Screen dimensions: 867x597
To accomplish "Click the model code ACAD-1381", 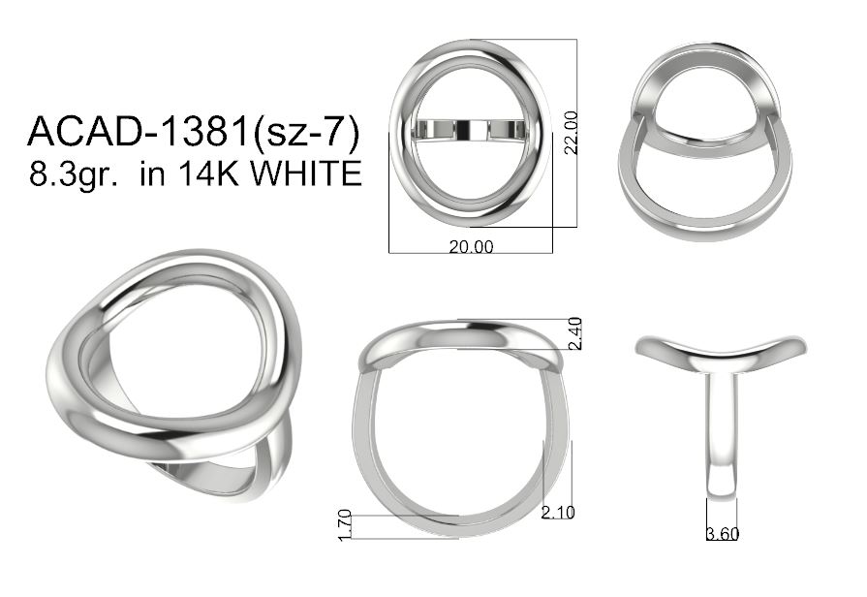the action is click(138, 132).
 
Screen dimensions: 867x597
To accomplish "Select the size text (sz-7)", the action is click(305, 133).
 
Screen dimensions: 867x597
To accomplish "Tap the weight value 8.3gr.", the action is click(73, 174).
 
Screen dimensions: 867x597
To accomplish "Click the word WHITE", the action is click(306, 173).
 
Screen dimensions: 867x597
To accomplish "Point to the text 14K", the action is click(209, 173).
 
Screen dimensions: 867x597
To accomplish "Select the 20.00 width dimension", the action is click(471, 247).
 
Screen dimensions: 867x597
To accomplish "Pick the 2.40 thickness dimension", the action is click(575, 333).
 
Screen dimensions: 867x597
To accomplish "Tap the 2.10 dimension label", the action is click(558, 513).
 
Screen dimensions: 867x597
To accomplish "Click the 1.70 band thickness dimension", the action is click(345, 524).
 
